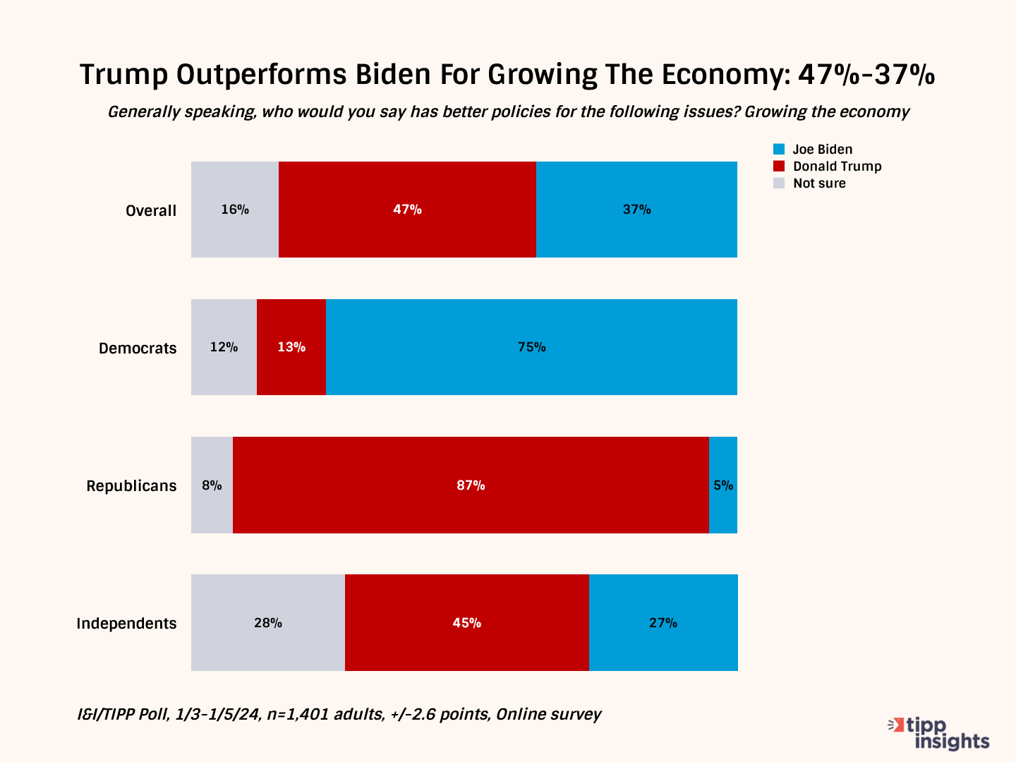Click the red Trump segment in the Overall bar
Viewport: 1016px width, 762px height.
click(x=407, y=210)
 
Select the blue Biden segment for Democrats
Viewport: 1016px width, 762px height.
click(x=531, y=347)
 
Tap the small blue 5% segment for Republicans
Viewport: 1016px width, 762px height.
click(x=723, y=485)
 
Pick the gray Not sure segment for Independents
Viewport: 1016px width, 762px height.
click(x=268, y=622)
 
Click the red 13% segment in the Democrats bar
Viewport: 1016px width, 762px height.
click(x=291, y=347)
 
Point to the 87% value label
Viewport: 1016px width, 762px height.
click(x=471, y=485)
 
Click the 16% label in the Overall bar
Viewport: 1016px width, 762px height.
click(x=235, y=210)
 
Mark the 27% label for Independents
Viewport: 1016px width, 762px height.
click(x=663, y=623)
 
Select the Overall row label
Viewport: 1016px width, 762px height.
click(x=151, y=211)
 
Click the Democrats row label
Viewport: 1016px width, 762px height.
click(x=138, y=349)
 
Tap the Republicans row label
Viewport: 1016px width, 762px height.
click(x=131, y=486)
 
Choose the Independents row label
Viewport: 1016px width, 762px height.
click(x=126, y=624)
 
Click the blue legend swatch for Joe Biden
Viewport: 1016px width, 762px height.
click(x=779, y=150)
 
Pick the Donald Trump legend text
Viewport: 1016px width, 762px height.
click(x=837, y=167)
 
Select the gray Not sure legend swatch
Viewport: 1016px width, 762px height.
click(x=779, y=183)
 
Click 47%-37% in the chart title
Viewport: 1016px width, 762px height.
click(x=866, y=75)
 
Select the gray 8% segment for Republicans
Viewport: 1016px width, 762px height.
click(x=212, y=485)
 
